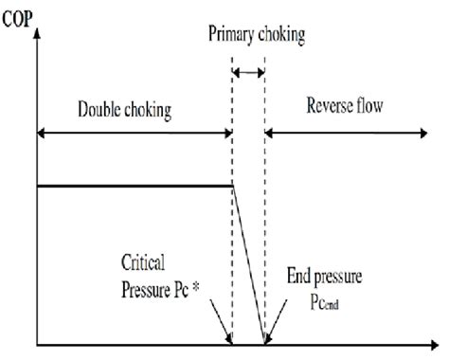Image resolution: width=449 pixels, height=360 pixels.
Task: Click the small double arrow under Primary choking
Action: click(248, 72)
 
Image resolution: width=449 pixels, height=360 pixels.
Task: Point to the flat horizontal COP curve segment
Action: click(133, 186)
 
